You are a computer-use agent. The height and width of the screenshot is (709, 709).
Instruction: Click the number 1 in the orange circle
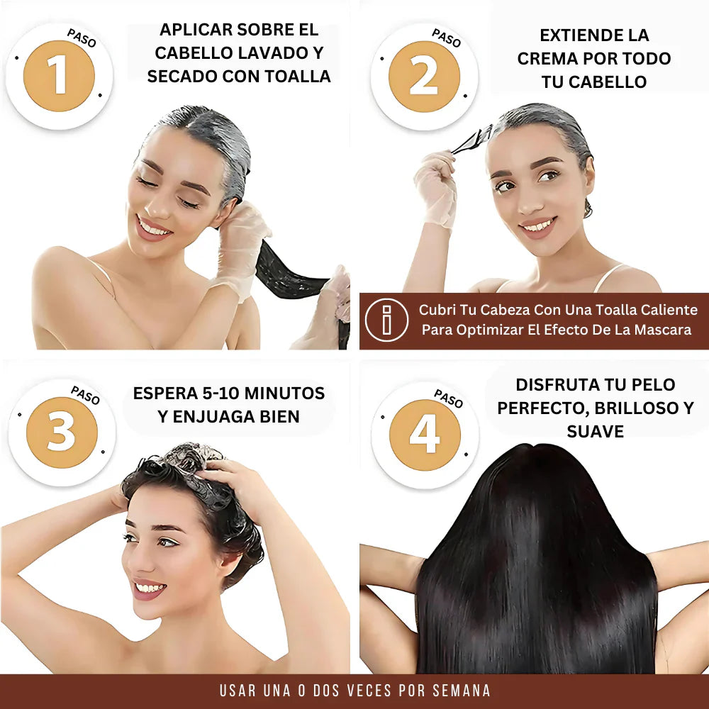(x=59, y=77)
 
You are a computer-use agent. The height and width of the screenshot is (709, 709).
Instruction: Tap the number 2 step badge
(x=424, y=77)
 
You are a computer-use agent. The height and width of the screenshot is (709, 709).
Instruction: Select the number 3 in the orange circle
(x=61, y=432)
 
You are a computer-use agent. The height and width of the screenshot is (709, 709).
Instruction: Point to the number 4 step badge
(x=425, y=435)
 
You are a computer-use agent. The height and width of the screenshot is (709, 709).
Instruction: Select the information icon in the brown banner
(x=386, y=320)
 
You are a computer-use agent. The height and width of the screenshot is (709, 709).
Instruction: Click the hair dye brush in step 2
(x=472, y=140)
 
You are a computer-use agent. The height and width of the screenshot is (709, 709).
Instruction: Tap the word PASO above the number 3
(x=86, y=395)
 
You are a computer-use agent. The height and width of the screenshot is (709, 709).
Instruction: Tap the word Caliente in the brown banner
(x=669, y=310)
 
